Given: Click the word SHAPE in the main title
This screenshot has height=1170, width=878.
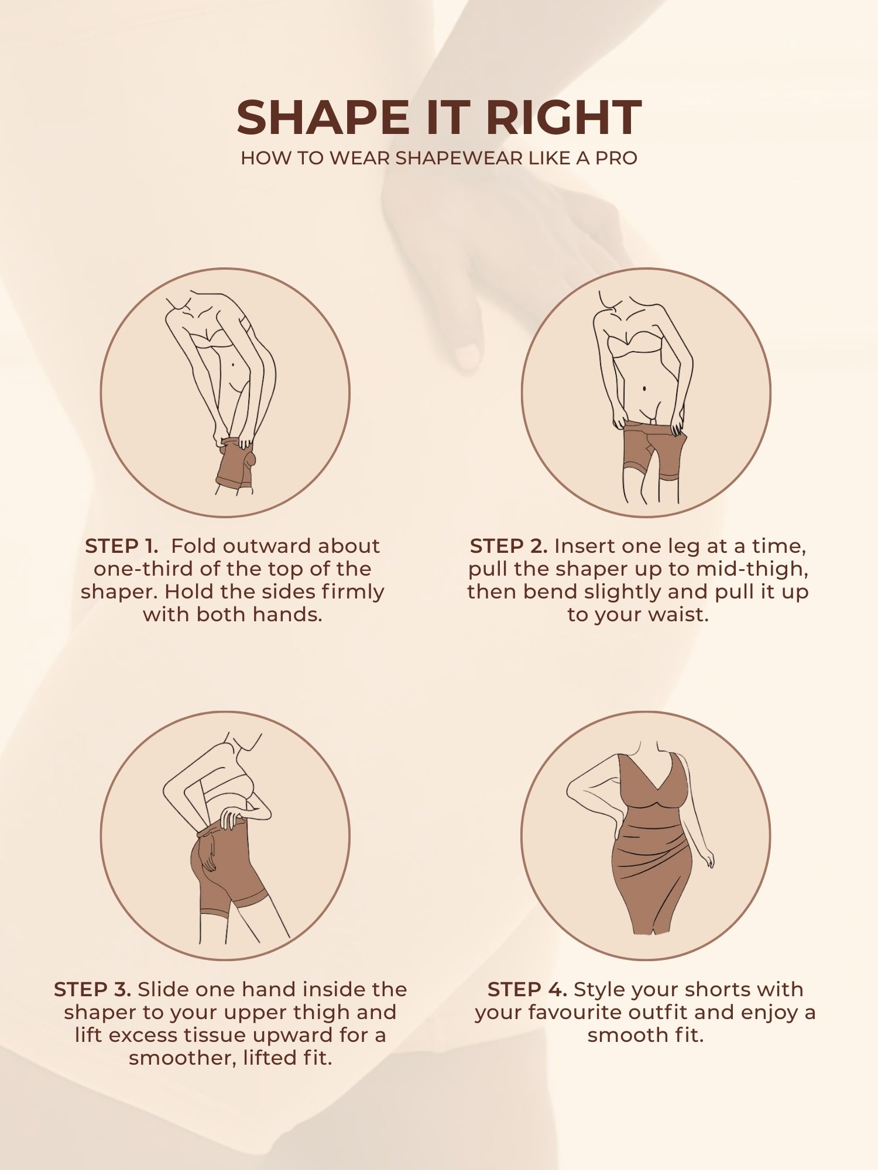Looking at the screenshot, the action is pyautogui.click(x=323, y=118).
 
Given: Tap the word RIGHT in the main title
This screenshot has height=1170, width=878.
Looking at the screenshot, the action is pyautogui.click(x=564, y=118).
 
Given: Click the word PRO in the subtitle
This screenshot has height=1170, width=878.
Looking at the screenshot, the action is pyautogui.click(x=616, y=158).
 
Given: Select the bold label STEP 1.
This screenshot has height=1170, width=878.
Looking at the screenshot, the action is pyautogui.click(x=122, y=546).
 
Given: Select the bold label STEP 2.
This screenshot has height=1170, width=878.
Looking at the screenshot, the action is pyautogui.click(x=509, y=546).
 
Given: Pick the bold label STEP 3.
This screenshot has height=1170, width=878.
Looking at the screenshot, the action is pyautogui.click(x=92, y=989).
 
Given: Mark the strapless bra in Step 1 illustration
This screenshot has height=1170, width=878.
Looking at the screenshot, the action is pyautogui.click(x=212, y=341).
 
